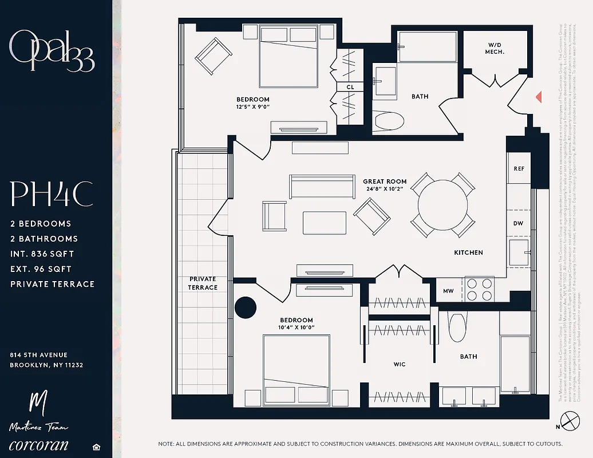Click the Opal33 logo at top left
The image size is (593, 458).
[52, 50]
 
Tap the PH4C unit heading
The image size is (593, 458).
[52, 195]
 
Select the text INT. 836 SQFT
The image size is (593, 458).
[42, 254]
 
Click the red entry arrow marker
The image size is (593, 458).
[539, 97]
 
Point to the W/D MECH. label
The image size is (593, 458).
[496, 48]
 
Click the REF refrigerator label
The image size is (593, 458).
[519, 169]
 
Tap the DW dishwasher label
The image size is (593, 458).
[519, 224]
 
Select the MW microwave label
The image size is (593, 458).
[448, 291]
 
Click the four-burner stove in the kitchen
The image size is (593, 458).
[479, 289]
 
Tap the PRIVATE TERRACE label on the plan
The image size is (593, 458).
[203, 283]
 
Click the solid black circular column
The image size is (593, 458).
[246, 307]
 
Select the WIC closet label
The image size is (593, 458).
[400, 364]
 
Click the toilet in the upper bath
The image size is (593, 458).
[389, 121]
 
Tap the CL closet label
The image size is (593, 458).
[350, 87]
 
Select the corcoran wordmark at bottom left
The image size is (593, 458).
[39, 445]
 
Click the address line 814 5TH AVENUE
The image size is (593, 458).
[38, 355]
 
